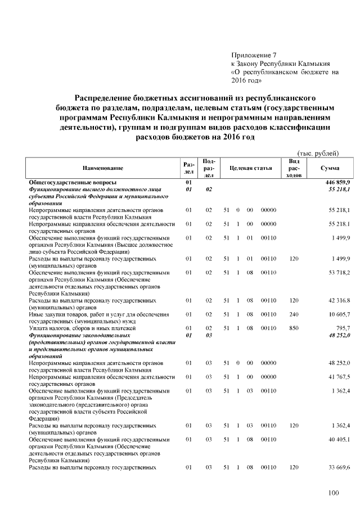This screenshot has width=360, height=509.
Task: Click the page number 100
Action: pos(334,493)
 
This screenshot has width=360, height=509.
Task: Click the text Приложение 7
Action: pos(254,55)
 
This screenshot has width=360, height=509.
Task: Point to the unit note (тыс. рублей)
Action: pos(318,153)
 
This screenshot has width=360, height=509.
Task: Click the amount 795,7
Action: pos(343,327)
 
